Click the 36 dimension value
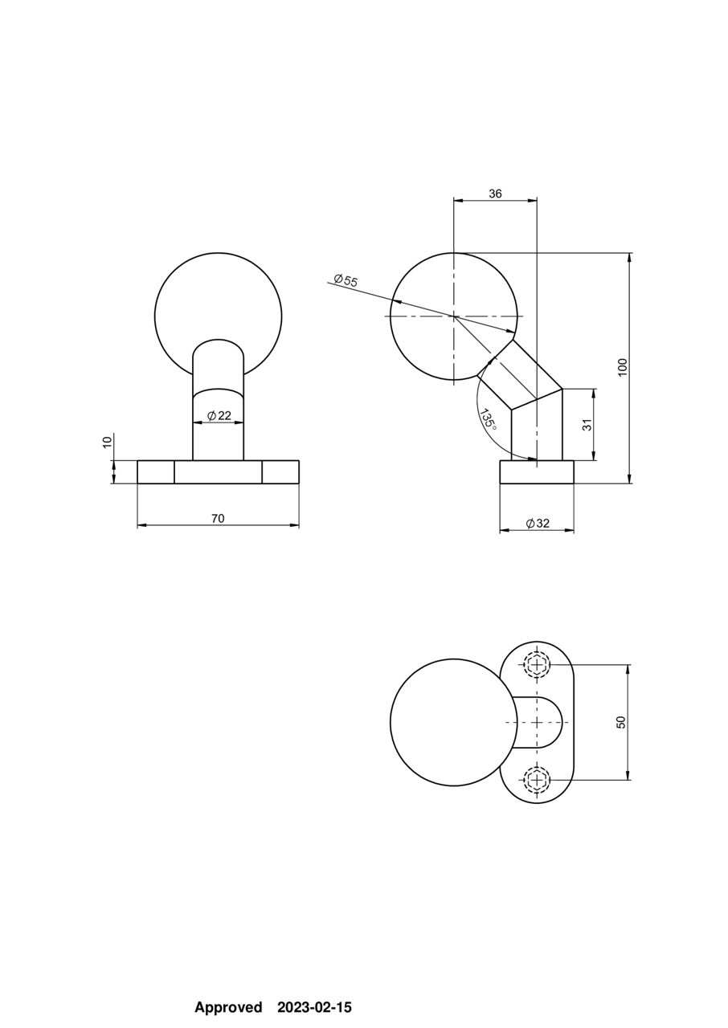coord(495,194)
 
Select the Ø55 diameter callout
coord(346,280)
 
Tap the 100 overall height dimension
coord(622,367)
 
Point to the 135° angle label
coord(488,419)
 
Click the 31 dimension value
coord(587,425)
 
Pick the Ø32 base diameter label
coord(538,523)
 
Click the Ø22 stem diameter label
coord(219,415)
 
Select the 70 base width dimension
coord(218,518)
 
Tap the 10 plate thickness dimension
coord(107,442)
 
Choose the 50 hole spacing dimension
coord(620,721)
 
